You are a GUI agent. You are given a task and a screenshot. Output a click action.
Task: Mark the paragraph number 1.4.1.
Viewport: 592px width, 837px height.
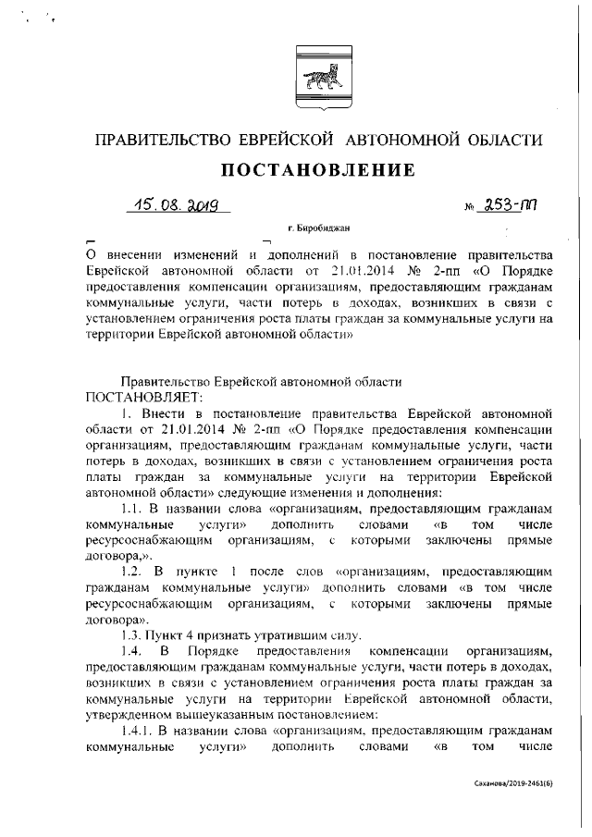pyautogui.click(x=140, y=731)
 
